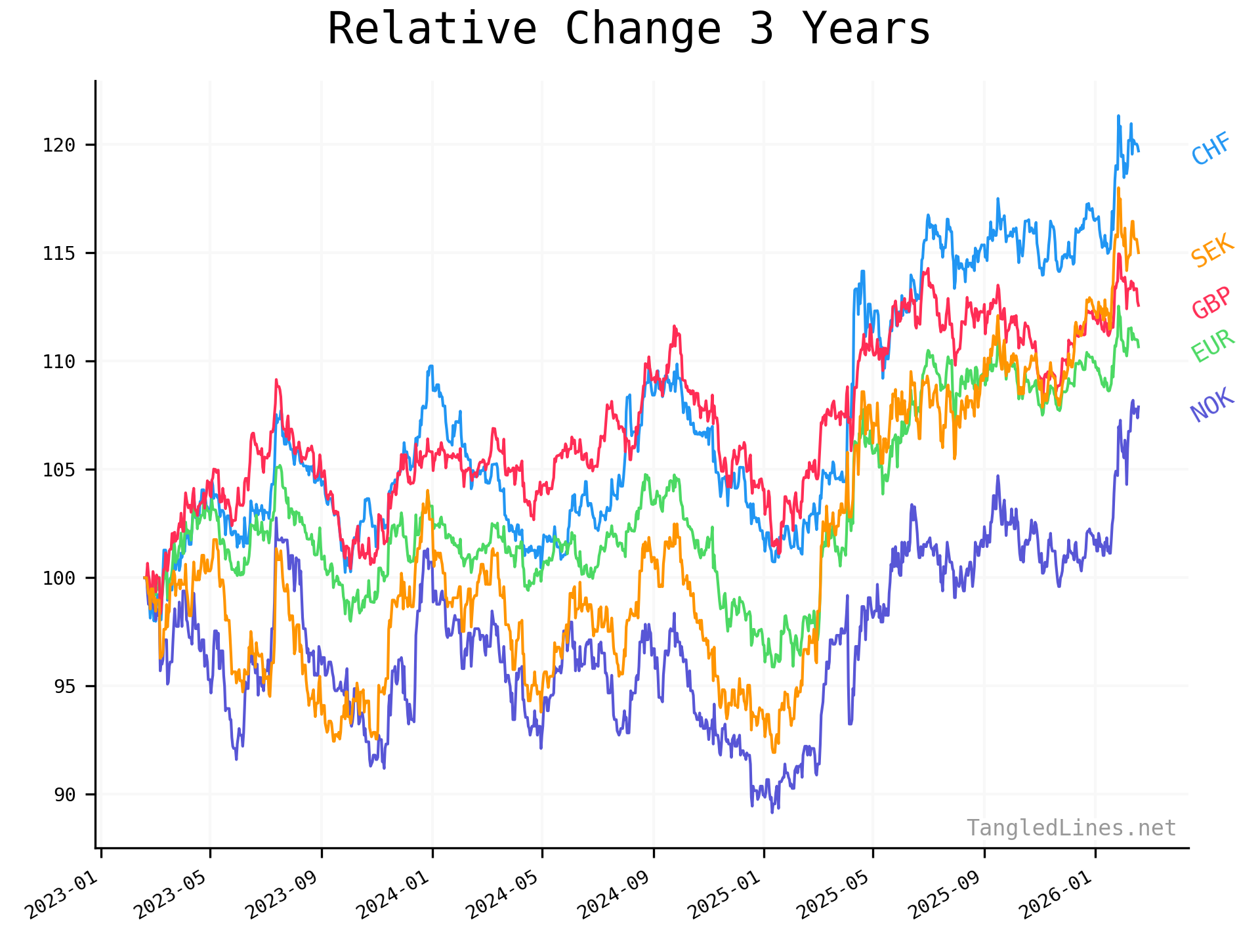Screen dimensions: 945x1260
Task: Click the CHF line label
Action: (1211, 149)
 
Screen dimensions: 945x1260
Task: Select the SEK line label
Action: (1212, 251)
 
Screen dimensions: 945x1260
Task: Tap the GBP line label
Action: (1211, 303)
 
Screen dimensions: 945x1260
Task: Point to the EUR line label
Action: (1212, 346)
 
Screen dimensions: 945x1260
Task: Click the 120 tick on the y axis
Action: (59, 145)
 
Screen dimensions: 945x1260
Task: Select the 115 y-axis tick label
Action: (59, 253)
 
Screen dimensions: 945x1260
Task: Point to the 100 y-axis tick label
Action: (59, 578)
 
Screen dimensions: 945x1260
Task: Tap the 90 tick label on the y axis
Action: (64, 795)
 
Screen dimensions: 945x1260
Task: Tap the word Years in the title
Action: (866, 30)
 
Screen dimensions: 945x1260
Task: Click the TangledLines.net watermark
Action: (1071, 828)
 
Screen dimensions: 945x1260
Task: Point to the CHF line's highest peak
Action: (1118, 116)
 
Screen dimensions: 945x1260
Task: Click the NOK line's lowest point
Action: (772, 812)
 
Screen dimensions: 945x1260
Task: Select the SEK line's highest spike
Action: (1118, 188)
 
